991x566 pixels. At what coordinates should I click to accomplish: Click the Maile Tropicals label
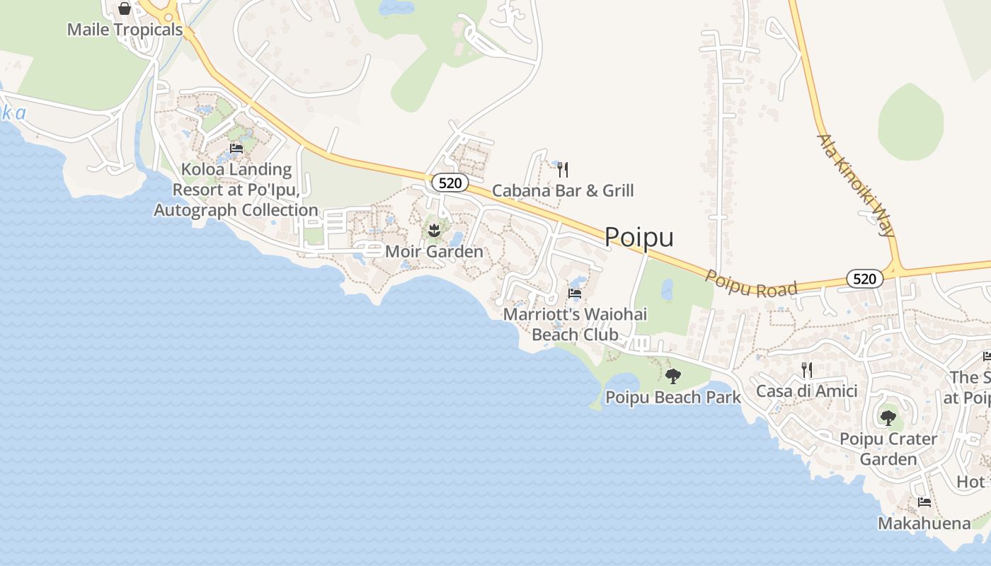click(125, 30)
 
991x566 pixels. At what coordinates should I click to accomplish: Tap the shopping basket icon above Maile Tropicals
click(125, 8)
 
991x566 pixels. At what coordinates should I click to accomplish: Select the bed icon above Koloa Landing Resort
click(236, 149)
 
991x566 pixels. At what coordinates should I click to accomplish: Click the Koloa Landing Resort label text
click(236, 190)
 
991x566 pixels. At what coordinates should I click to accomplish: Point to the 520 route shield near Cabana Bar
click(450, 183)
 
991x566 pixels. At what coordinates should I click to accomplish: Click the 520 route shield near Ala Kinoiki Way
click(864, 279)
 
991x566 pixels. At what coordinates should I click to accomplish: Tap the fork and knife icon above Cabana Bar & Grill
click(563, 170)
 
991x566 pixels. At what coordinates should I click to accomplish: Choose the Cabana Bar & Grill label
click(563, 190)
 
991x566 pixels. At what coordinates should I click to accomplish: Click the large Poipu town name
click(638, 237)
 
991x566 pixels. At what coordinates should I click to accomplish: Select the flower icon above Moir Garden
click(435, 230)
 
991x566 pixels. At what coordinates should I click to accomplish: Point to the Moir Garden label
click(434, 251)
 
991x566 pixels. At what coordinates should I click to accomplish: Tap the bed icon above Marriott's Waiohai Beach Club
click(575, 293)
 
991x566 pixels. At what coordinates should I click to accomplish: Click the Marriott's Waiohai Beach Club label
click(575, 324)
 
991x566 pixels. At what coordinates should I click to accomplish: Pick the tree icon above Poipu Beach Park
click(672, 376)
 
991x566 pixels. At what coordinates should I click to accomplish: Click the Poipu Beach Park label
click(672, 397)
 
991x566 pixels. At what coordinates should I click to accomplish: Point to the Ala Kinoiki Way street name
click(857, 185)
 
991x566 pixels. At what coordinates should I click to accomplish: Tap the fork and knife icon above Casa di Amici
click(806, 369)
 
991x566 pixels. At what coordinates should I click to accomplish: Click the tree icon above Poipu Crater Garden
click(888, 417)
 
